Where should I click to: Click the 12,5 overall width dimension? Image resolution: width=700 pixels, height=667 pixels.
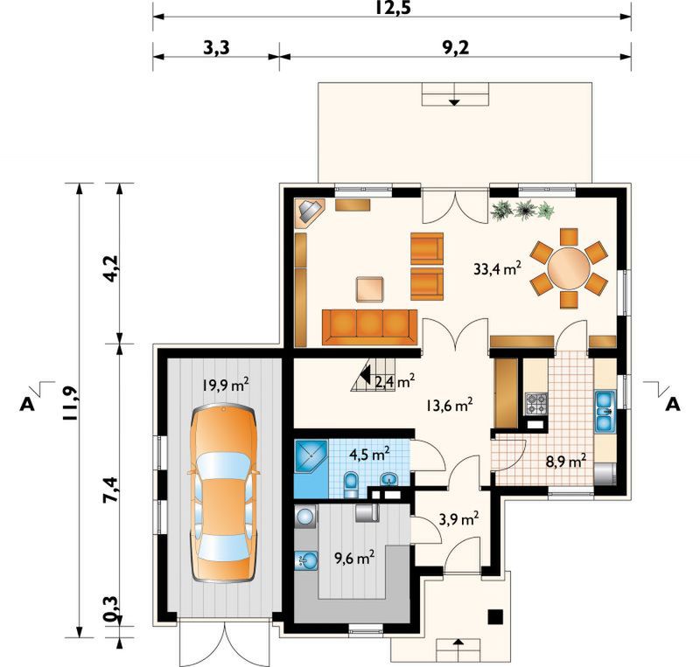392,8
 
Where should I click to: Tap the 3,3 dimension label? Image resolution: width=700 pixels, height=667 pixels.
216,48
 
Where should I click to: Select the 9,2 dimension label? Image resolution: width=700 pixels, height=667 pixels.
455,48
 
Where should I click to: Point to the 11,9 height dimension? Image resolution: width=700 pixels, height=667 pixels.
71,404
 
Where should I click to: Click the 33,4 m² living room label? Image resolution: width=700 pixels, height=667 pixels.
497,269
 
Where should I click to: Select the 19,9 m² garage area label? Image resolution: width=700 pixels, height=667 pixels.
226,385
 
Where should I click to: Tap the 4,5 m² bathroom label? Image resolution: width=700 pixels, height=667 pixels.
369,455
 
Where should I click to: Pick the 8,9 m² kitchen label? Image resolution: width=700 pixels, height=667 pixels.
566,461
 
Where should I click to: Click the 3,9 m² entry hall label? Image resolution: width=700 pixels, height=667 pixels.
459,519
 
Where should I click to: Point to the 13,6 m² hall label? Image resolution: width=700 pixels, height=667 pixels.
449,406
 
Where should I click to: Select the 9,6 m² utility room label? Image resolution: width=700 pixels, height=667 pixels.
354,557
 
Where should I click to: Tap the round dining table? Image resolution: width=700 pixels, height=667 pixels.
569,268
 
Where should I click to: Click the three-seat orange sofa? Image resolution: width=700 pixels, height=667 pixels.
369,328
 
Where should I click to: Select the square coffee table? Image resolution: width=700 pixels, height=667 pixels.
370,289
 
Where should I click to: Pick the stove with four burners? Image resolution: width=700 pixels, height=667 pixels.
536,404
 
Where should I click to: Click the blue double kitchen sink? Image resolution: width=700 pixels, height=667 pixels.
605,412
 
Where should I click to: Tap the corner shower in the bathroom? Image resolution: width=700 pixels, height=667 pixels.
311,455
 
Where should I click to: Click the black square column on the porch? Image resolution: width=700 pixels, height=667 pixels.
495,616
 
